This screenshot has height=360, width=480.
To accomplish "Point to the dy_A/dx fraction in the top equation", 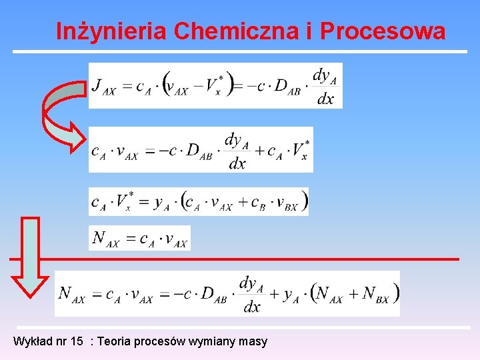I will (325, 86).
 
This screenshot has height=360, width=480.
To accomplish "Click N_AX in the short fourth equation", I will (106, 239).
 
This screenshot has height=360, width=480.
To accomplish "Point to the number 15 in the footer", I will (77, 341).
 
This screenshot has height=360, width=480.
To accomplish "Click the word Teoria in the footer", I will (115, 341).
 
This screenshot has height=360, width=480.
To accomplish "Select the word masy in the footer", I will (254, 341).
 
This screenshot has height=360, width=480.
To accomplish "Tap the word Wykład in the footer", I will (31, 341).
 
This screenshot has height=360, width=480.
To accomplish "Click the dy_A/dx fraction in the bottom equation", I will (250, 294).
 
